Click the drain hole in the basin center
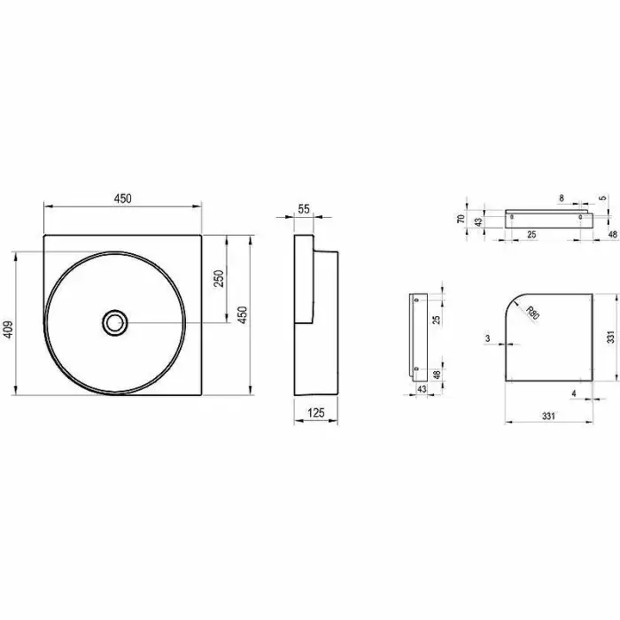114,322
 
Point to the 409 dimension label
8,329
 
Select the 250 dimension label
219,278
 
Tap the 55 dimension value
304,209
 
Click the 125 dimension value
316,414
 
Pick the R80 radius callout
532,313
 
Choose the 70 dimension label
461,219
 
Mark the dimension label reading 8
562,198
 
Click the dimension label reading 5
603,198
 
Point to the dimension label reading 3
488,338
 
